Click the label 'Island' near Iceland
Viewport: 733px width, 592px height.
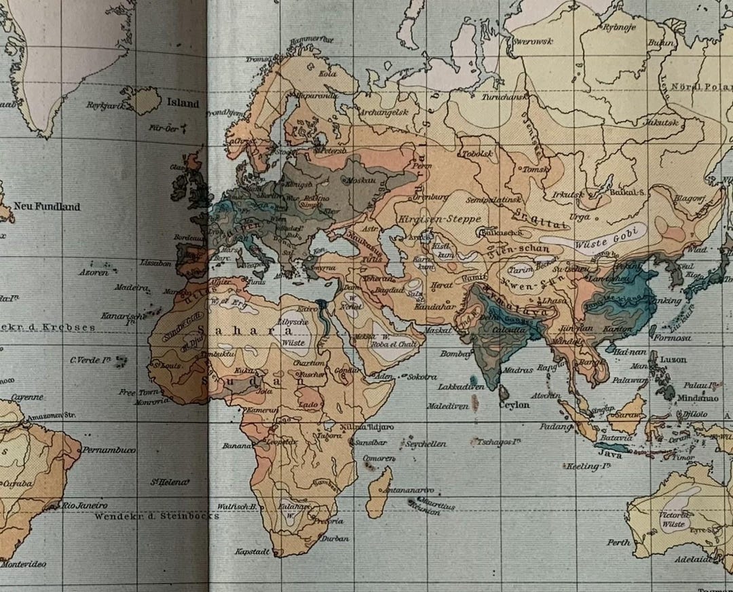pos(183,103)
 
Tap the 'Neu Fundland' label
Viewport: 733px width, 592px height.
pos(48,206)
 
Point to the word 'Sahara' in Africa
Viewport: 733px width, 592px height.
pos(255,331)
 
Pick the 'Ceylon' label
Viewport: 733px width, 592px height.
pos(514,405)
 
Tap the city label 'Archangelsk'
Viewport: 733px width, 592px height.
pos(383,112)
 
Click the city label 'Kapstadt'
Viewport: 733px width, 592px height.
pos(253,551)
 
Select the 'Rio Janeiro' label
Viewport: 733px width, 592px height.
pos(85,505)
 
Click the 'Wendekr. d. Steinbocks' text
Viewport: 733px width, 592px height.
pos(156,516)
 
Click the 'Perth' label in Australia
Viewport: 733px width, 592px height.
pos(618,542)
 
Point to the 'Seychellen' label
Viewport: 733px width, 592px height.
pos(426,443)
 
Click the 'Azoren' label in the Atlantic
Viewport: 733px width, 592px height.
pos(94,272)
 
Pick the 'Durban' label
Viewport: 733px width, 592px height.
pos(335,538)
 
